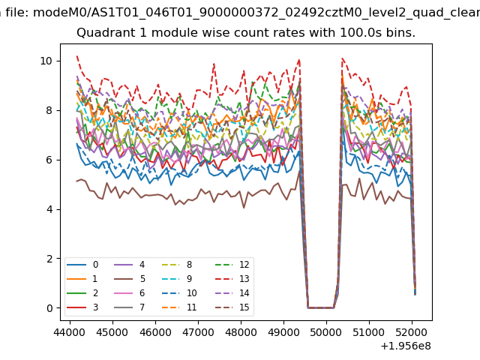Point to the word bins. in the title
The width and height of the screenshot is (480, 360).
(397, 34)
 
